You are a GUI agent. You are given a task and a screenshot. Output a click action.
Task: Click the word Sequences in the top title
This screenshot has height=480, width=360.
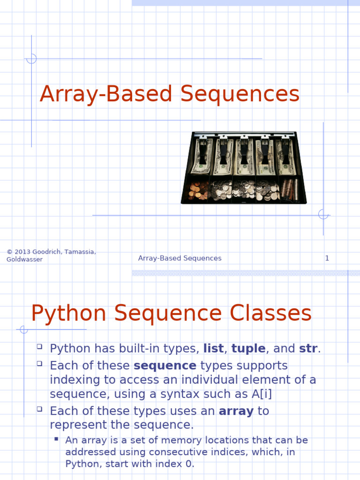(x=240, y=94)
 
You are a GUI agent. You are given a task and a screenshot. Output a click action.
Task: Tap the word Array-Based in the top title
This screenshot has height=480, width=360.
(x=107, y=94)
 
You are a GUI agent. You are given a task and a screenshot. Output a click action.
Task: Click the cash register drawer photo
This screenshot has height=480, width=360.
(x=244, y=167)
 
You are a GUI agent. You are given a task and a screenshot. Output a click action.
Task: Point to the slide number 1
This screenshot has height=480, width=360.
(x=327, y=258)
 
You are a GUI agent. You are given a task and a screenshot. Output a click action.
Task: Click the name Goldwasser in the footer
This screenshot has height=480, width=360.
(x=24, y=260)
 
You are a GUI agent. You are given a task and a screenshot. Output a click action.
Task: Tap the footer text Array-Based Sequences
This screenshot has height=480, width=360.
(x=180, y=258)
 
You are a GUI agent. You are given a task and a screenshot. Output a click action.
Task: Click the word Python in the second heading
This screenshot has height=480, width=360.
(x=69, y=314)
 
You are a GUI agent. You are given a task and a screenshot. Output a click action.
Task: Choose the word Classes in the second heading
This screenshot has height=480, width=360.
(x=270, y=314)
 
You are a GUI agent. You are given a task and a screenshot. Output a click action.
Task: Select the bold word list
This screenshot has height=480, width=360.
(x=213, y=349)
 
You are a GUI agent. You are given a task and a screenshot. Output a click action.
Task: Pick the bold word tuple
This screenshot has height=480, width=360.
(x=248, y=349)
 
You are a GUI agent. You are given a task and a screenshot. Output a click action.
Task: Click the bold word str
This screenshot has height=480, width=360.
(x=308, y=349)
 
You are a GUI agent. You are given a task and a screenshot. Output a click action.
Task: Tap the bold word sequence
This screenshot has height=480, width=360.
(x=165, y=366)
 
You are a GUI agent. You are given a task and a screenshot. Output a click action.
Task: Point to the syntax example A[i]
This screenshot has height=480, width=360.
(x=262, y=394)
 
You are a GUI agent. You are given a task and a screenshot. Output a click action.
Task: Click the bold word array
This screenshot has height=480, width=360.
(x=236, y=411)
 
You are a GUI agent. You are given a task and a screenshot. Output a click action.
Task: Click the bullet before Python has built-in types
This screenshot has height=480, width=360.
(x=39, y=347)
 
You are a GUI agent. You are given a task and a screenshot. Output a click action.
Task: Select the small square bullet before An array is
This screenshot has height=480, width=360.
(x=56, y=439)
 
